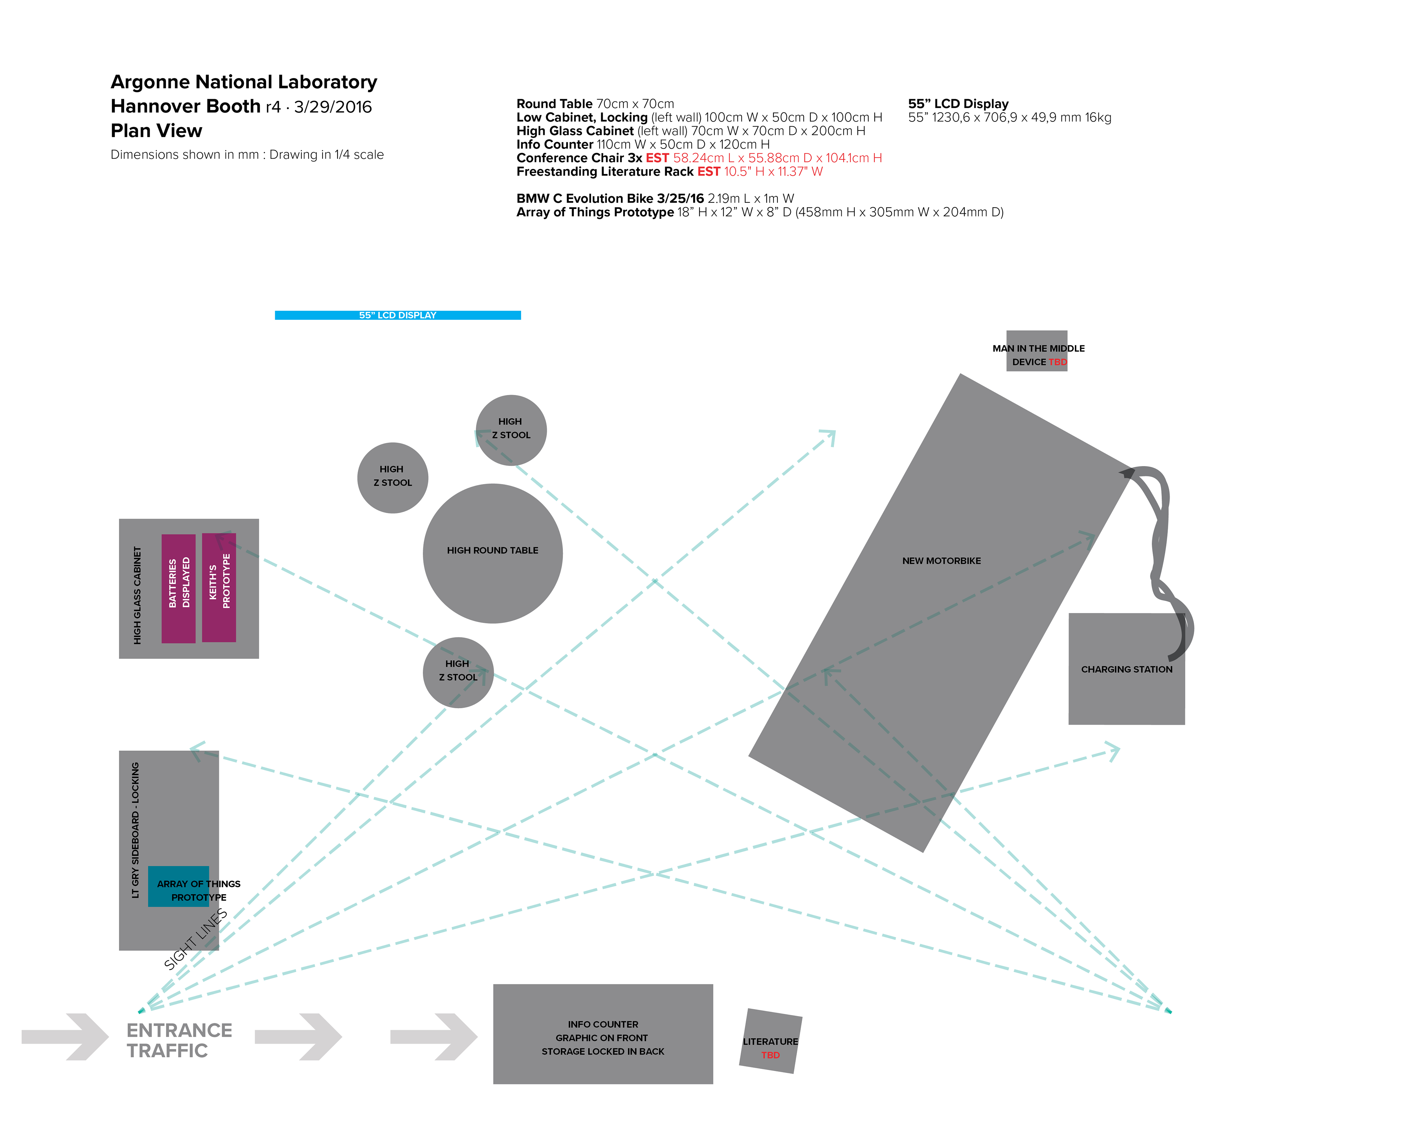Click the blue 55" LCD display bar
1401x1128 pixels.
(x=398, y=315)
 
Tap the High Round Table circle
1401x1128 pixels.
(x=493, y=554)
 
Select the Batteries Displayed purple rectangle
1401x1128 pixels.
(x=179, y=589)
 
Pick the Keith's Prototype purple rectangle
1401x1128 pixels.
(x=219, y=588)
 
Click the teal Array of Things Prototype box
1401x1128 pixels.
(x=179, y=886)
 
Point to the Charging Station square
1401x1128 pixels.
(x=1127, y=668)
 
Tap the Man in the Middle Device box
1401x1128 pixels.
(x=1037, y=351)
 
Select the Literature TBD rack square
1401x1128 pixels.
(x=771, y=1041)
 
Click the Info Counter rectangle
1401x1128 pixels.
(x=603, y=1034)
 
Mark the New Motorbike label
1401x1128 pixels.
(x=941, y=561)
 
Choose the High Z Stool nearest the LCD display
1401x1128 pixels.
(x=511, y=430)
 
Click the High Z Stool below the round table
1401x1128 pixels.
(x=458, y=672)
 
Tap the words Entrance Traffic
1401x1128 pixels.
(x=180, y=1040)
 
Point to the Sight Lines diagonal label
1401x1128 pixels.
(x=196, y=939)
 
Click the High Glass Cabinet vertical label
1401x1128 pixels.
(x=137, y=595)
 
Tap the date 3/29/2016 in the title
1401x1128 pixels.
(x=333, y=107)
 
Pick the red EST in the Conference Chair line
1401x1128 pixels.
(x=657, y=158)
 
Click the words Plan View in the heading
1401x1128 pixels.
(x=156, y=131)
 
